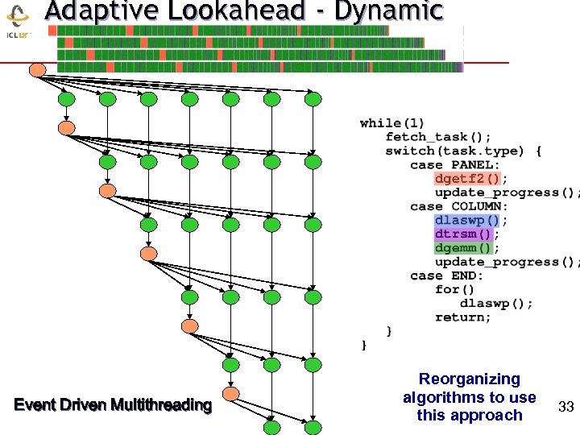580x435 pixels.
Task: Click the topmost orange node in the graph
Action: coord(37,70)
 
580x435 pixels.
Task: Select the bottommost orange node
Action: coord(231,394)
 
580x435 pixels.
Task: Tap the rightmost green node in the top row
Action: coord(313,99)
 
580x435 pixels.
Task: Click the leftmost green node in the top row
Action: coord(67,99)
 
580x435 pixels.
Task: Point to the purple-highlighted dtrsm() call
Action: coord(462,234)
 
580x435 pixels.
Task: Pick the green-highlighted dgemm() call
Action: coord(462,248)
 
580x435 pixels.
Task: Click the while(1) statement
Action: coord(392,122)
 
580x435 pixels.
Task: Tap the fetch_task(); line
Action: coord(438,136)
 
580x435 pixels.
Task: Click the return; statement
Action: coord(462,317)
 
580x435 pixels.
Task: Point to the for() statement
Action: coord(455,289)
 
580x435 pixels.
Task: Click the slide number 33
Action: coord(565,408)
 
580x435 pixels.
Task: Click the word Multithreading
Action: coord(161,404)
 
